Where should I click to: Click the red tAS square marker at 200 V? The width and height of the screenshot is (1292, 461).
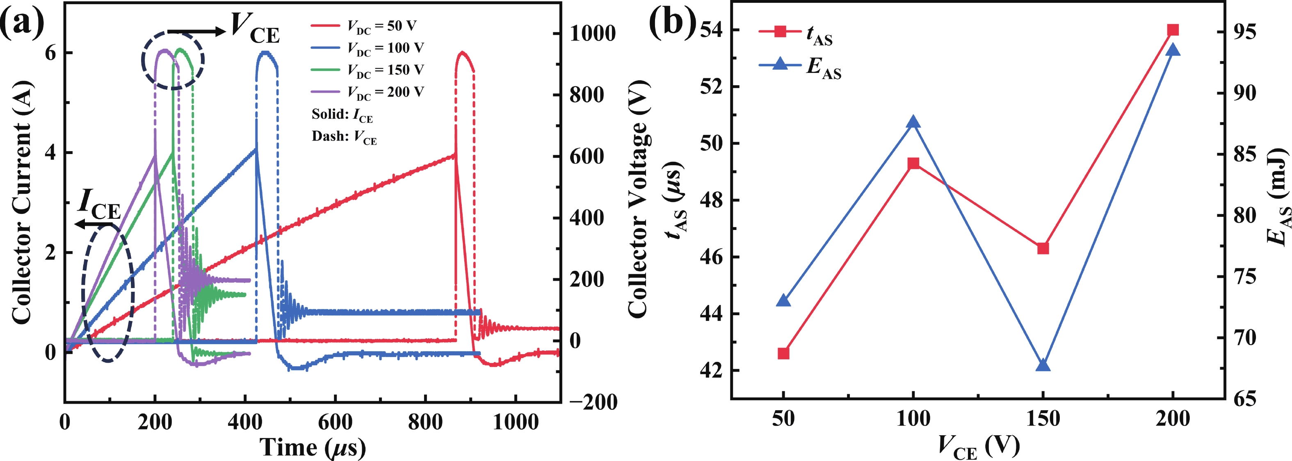[x=1173, y=30]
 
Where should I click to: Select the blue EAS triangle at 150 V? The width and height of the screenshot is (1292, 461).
[x=1043, y=365]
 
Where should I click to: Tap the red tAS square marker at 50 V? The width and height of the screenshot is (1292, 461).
[x=783, y=353]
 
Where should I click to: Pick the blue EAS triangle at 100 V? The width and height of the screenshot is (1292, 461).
[x=913, y=122]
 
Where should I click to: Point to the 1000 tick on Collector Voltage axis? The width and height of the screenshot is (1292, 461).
[x=592, y=34]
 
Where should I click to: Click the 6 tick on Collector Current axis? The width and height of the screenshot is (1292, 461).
[x=50, y=52]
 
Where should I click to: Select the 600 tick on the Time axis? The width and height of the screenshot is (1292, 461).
[x=335, y=422]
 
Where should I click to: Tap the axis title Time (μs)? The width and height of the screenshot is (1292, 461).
[x=312, y=447]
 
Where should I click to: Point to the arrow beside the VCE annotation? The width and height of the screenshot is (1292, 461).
[x=196, y=32]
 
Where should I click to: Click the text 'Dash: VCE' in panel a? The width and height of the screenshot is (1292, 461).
[x=344, y=137]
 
